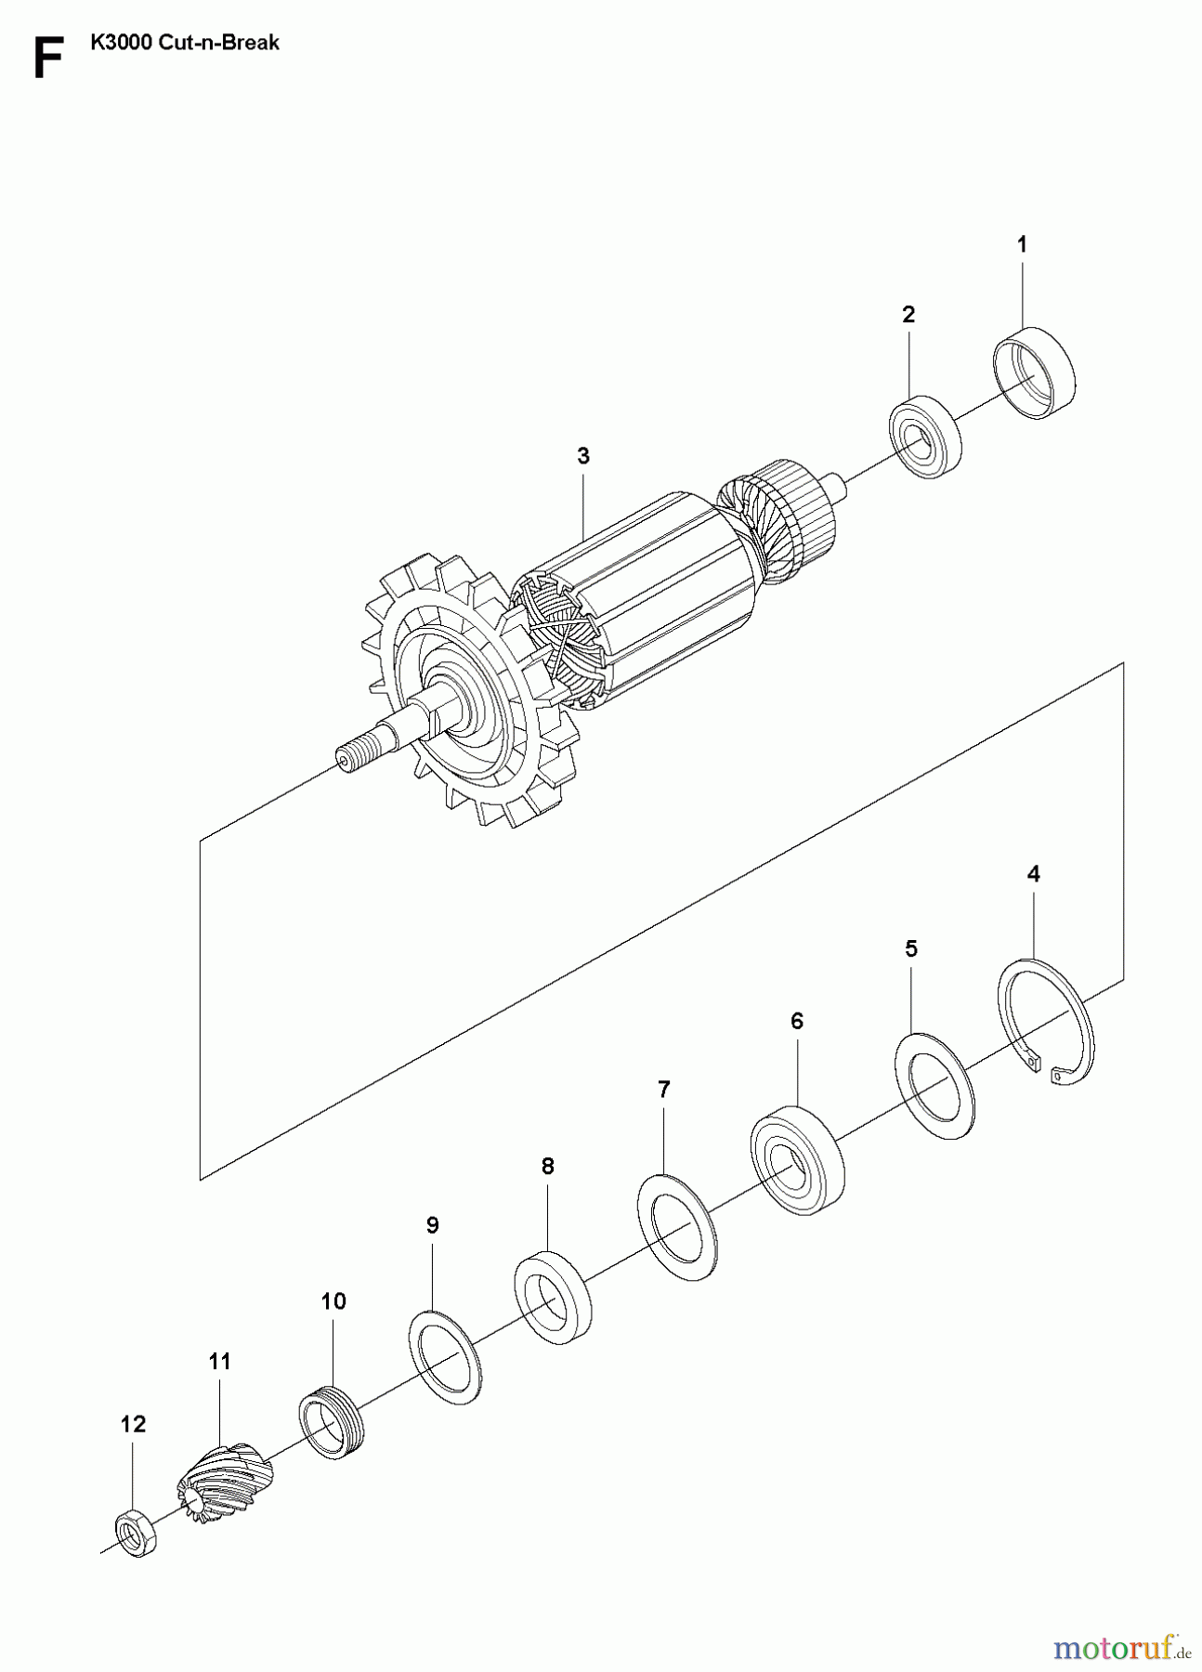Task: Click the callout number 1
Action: click(1022, 245)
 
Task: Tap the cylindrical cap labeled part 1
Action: click(1034, 373)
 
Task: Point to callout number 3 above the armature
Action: click(582, 456)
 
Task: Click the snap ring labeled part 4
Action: click(1048, 1022)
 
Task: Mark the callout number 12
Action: click(134, 1424)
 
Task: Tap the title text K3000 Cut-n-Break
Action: click(185, 43)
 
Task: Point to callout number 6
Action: click(796, 1021)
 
